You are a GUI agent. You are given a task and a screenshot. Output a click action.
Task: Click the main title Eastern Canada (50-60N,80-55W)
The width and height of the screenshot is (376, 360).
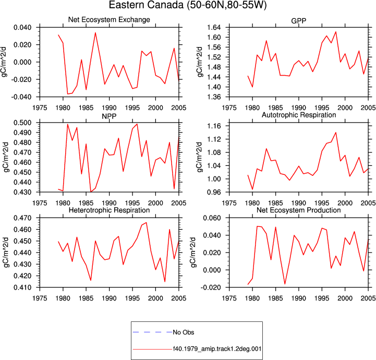click(188, 5)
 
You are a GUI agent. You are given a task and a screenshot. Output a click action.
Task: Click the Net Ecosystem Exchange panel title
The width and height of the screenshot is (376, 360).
click(109, 19)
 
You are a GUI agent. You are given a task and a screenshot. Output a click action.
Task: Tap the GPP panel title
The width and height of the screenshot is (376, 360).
click(298, 21)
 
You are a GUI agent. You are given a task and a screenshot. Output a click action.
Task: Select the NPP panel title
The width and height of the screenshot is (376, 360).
click(109, 116)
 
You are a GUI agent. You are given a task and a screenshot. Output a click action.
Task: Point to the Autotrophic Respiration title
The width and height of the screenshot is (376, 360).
click(299, 115)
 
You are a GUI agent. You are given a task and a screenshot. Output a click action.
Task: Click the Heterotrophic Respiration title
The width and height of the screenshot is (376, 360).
click(109, 210)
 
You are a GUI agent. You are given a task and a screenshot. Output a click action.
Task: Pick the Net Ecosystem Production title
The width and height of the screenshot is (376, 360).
click(298, 210)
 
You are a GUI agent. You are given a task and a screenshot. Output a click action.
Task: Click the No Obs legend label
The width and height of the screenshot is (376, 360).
click(184, 332)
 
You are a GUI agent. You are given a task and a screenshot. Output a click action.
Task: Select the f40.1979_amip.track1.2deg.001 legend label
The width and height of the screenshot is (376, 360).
click(217, 349)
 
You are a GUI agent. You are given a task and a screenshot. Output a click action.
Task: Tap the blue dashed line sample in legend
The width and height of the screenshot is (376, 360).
click(152, 332)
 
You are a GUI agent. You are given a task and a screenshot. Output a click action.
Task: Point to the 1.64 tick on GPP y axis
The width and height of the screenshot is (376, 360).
click(214, 27)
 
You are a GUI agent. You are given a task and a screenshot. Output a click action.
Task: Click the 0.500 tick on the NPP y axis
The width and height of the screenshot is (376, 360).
click(22, 123)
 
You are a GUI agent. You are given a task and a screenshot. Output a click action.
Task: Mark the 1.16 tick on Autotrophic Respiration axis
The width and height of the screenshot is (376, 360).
click(214, 126)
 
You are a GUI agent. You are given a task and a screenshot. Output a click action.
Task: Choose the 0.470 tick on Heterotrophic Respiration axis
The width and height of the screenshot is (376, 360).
click(22, 218)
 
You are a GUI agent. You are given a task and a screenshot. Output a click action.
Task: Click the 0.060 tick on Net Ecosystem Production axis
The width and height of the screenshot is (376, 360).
click(212, 218)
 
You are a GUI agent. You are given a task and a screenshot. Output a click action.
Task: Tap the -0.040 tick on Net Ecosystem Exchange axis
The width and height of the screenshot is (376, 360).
click(21, 97)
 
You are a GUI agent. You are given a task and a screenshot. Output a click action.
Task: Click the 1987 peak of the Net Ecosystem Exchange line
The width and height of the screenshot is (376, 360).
click(95, 33)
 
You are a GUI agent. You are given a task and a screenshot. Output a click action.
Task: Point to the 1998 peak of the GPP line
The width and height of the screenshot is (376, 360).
click(336, 32)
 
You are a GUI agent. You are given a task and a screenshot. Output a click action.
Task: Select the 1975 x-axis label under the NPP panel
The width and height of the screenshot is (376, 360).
click(40, 203)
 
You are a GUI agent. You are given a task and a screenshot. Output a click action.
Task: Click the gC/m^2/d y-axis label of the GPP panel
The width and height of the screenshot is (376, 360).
click(200, 62)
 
